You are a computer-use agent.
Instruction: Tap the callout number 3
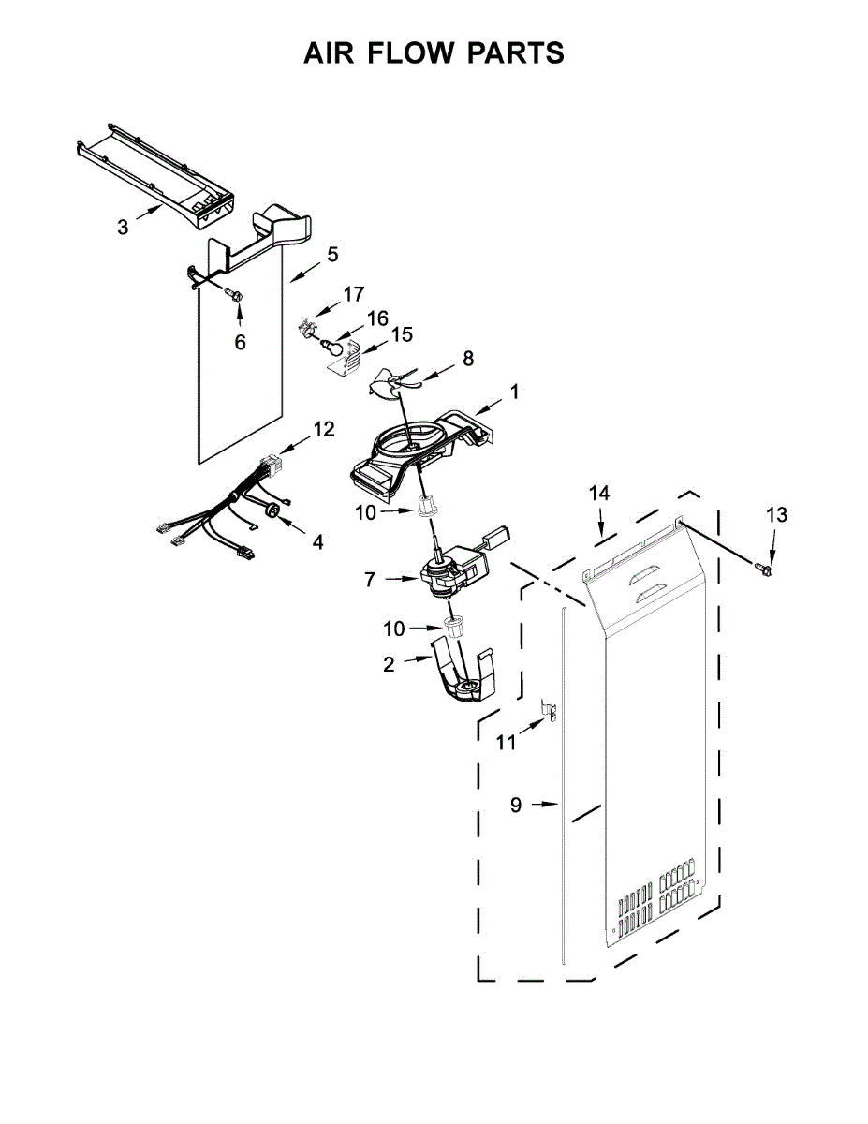click(123, 227)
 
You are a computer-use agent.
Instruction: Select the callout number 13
click(776, 514)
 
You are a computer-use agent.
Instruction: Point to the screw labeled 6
click(235, 296)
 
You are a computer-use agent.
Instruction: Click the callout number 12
click(323, 429)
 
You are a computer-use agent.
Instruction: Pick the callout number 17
click(353, 294)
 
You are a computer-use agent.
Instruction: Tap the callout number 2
click(389, 664)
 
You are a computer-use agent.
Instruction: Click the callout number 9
click(516, 804)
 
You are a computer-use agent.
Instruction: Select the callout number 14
click(599, 493)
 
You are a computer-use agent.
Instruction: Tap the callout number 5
click(332, 254)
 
